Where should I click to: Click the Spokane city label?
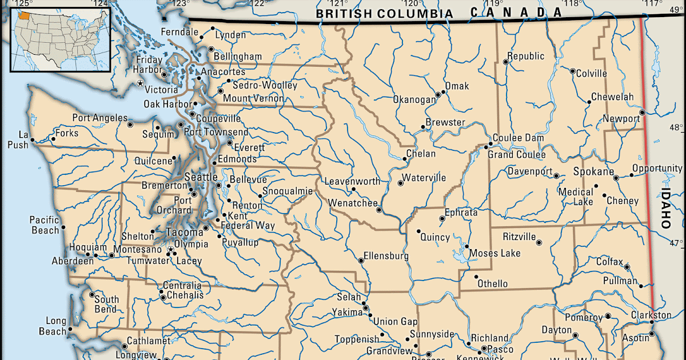point(594,171)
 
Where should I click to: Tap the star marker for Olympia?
point(170,250)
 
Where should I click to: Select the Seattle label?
point(201,177)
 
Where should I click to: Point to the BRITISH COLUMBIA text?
point(386,14)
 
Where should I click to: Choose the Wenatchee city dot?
point(379,210)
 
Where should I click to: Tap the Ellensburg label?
point(386,256)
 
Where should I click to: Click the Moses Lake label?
point(494,253)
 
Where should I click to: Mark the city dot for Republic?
point(505,62)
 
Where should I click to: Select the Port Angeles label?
point(99,118)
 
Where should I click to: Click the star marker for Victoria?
point(139,83)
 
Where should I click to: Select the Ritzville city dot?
point(539,242)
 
